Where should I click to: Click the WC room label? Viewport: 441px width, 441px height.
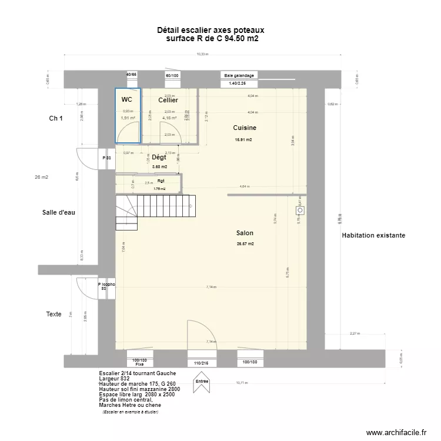[126, 100]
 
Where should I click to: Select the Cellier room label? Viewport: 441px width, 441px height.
[168, 101]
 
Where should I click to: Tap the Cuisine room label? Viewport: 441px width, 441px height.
[244, 128]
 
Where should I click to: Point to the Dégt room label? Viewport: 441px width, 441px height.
[159, 158]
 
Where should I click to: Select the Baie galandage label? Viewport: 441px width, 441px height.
[239, 75]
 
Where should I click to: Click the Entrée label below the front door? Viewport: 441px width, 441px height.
[202, 381]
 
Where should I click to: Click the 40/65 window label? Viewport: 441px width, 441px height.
[131, 75]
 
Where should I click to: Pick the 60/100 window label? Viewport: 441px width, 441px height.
[172, 75]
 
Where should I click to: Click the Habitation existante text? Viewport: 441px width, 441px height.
[373, 235]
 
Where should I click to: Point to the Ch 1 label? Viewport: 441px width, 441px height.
[56, 119]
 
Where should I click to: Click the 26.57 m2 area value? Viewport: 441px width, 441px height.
[245, 244]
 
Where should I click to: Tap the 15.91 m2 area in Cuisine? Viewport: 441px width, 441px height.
[243, 140]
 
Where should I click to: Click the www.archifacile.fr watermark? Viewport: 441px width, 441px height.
[395, 432]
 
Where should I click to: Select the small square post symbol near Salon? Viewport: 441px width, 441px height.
[300, 209]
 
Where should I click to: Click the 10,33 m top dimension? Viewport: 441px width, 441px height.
[202, 54]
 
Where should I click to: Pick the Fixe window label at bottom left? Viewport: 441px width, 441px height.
[139, 365]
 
